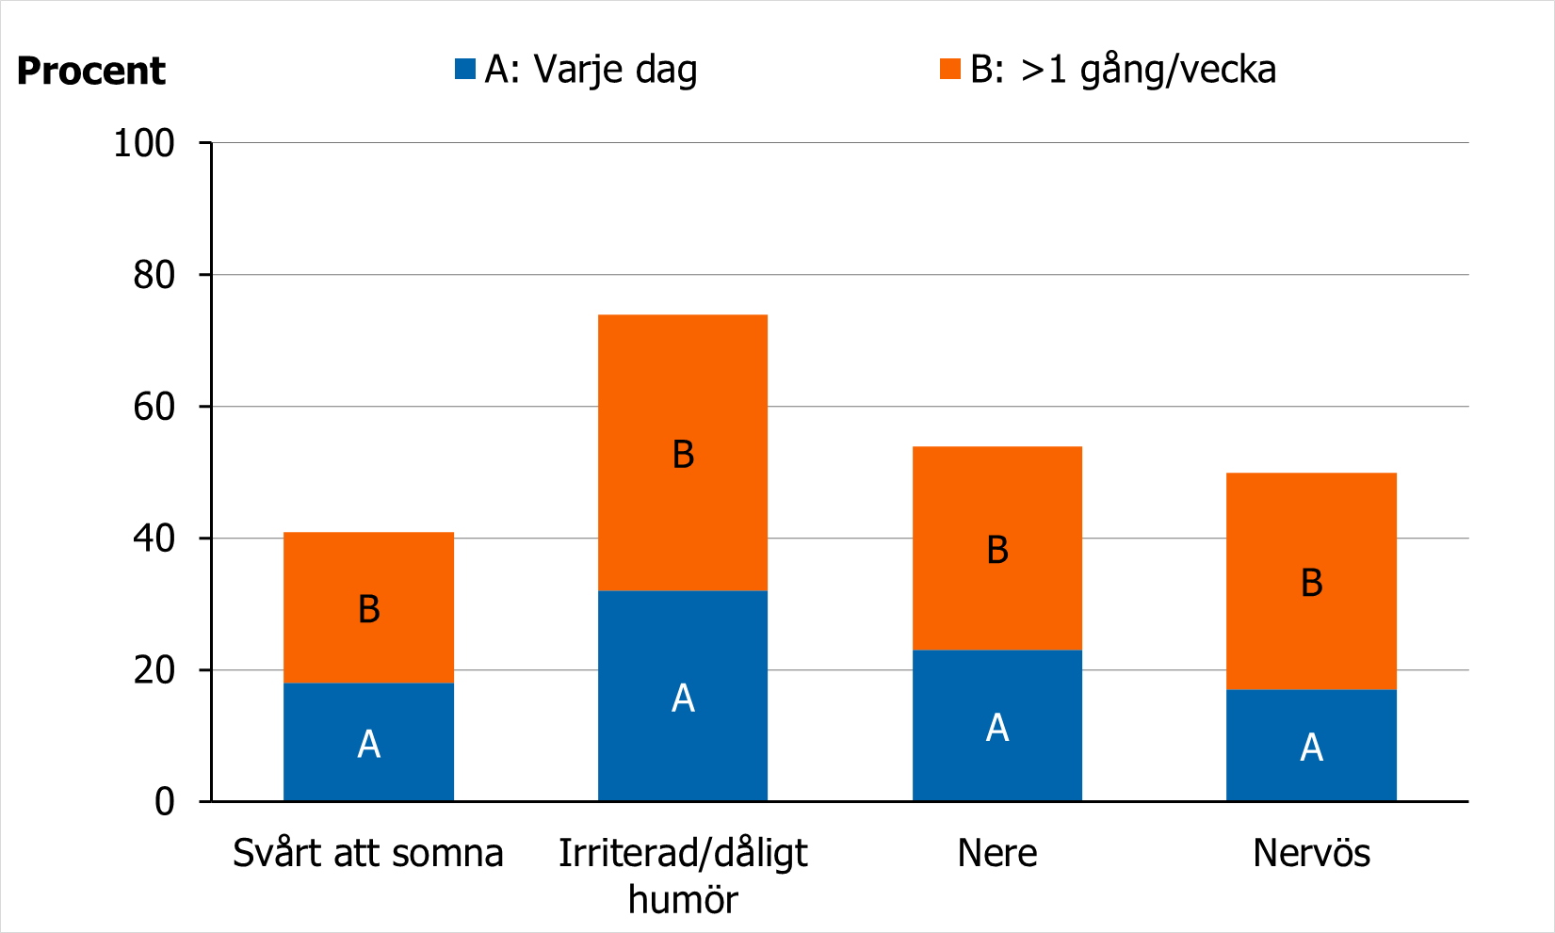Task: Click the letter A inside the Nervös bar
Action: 1311,748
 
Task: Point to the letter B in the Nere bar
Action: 997,550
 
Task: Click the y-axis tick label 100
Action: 144,143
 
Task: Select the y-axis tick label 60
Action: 154,407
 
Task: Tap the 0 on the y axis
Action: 165,802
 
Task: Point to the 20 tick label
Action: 154,670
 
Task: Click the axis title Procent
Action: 90,72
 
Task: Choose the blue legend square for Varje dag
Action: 464,69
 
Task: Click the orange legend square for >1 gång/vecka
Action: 949,69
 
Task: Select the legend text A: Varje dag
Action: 591,70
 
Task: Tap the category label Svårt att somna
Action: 368,853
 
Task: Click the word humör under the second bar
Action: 683,899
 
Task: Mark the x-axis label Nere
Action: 997,853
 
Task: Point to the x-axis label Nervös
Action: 1311,853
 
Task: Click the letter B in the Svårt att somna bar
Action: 369,609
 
